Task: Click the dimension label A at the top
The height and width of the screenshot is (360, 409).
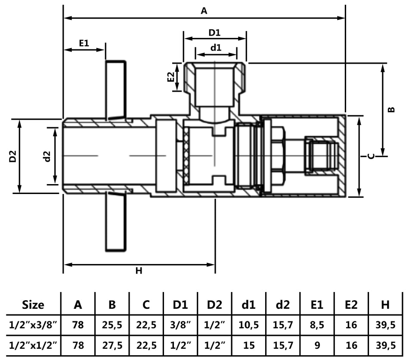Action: (204, 11)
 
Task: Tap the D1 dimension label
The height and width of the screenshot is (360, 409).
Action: (214, 33)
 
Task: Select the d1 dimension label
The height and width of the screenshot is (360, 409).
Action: (216, 48)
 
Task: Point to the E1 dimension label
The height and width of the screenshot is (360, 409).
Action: (84, 43)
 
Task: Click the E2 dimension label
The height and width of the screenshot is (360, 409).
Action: (171, 77)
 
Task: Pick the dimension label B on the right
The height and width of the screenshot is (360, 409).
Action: (391, 109)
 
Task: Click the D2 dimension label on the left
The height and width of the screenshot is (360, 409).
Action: (13, 156)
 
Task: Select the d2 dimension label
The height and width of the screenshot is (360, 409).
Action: (47, 156)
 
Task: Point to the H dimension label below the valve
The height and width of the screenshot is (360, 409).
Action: (139, 271)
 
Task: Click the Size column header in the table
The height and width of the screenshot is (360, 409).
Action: (33, 305)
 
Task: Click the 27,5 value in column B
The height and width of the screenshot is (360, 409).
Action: (112, 345)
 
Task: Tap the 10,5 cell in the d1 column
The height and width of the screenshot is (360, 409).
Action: (248, 325)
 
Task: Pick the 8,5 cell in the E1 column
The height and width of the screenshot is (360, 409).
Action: (317, 325)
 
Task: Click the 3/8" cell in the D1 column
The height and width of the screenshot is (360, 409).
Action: (180, 325)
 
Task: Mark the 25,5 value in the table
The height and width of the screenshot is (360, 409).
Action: (112, 325)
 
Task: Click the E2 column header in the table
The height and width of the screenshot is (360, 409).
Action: (351, 305)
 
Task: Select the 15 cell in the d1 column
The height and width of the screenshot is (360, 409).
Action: (248, 345)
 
